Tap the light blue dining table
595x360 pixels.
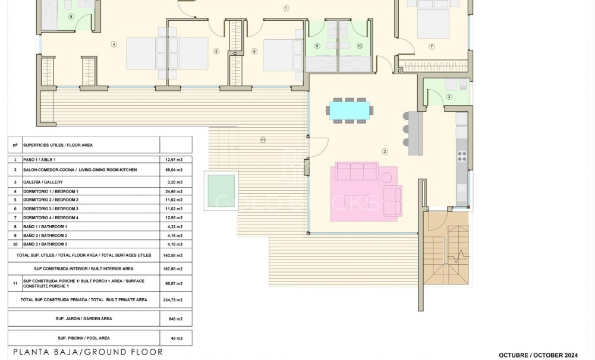350,110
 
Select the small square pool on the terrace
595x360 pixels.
221,190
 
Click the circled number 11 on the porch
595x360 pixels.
262,140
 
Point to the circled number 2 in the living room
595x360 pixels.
385,151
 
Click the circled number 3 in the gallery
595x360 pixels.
449,96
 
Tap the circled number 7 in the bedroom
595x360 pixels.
432,46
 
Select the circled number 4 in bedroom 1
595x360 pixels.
114,43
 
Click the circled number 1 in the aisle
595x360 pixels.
286,8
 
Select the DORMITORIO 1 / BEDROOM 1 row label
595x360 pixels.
51,191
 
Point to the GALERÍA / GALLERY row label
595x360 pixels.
43,182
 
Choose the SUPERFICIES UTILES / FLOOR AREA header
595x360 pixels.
58,145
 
